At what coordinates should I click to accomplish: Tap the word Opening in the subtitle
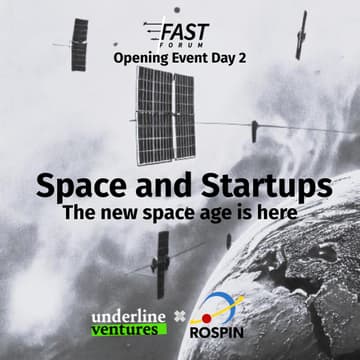coord(142,60)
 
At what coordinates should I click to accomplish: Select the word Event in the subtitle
coord(194,60)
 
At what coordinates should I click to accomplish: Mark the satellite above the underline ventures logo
coord(161,264)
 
